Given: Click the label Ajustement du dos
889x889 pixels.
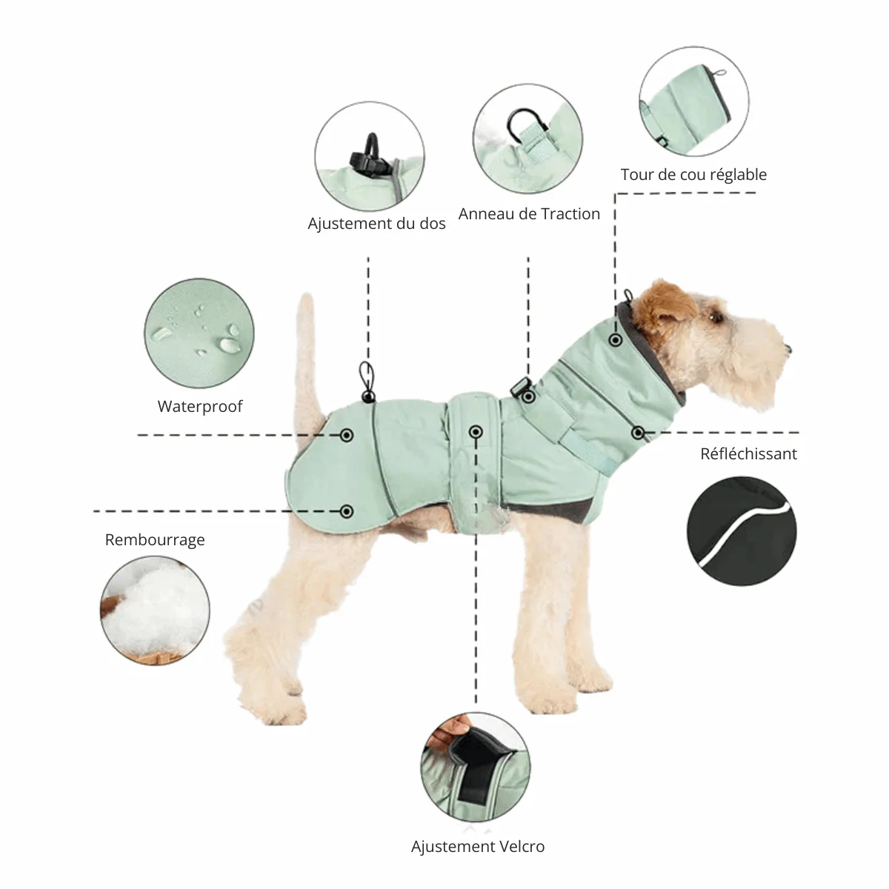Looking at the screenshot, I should [376, 224].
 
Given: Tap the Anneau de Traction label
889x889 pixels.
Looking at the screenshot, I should [529, 214].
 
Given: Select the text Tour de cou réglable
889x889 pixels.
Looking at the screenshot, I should [693, 175].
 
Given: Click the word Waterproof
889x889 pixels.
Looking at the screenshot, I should [200, 407].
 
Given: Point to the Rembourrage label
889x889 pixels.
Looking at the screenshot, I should [155, 540].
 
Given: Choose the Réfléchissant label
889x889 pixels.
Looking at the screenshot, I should [748, 454].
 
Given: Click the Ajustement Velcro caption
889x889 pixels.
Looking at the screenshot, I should [478, 847].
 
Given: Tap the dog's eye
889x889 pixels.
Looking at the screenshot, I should [717, 317].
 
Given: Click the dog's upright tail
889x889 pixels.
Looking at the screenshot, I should [306, 348].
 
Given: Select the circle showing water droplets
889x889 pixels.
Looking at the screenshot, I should [199, 333].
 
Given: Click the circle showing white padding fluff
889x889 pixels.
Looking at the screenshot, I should [155, 610].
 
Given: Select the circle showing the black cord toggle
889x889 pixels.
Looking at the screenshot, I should [370, 156].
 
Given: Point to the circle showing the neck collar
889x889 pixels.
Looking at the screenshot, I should [693, 101].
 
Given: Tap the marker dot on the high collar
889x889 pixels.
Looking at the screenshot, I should [615, 340].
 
